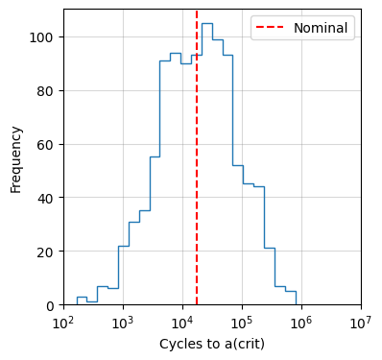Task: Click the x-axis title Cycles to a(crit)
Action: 212,344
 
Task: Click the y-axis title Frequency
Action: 16,157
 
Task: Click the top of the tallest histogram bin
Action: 206,23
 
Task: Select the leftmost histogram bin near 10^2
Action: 82,300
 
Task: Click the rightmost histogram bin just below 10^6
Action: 291,298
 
